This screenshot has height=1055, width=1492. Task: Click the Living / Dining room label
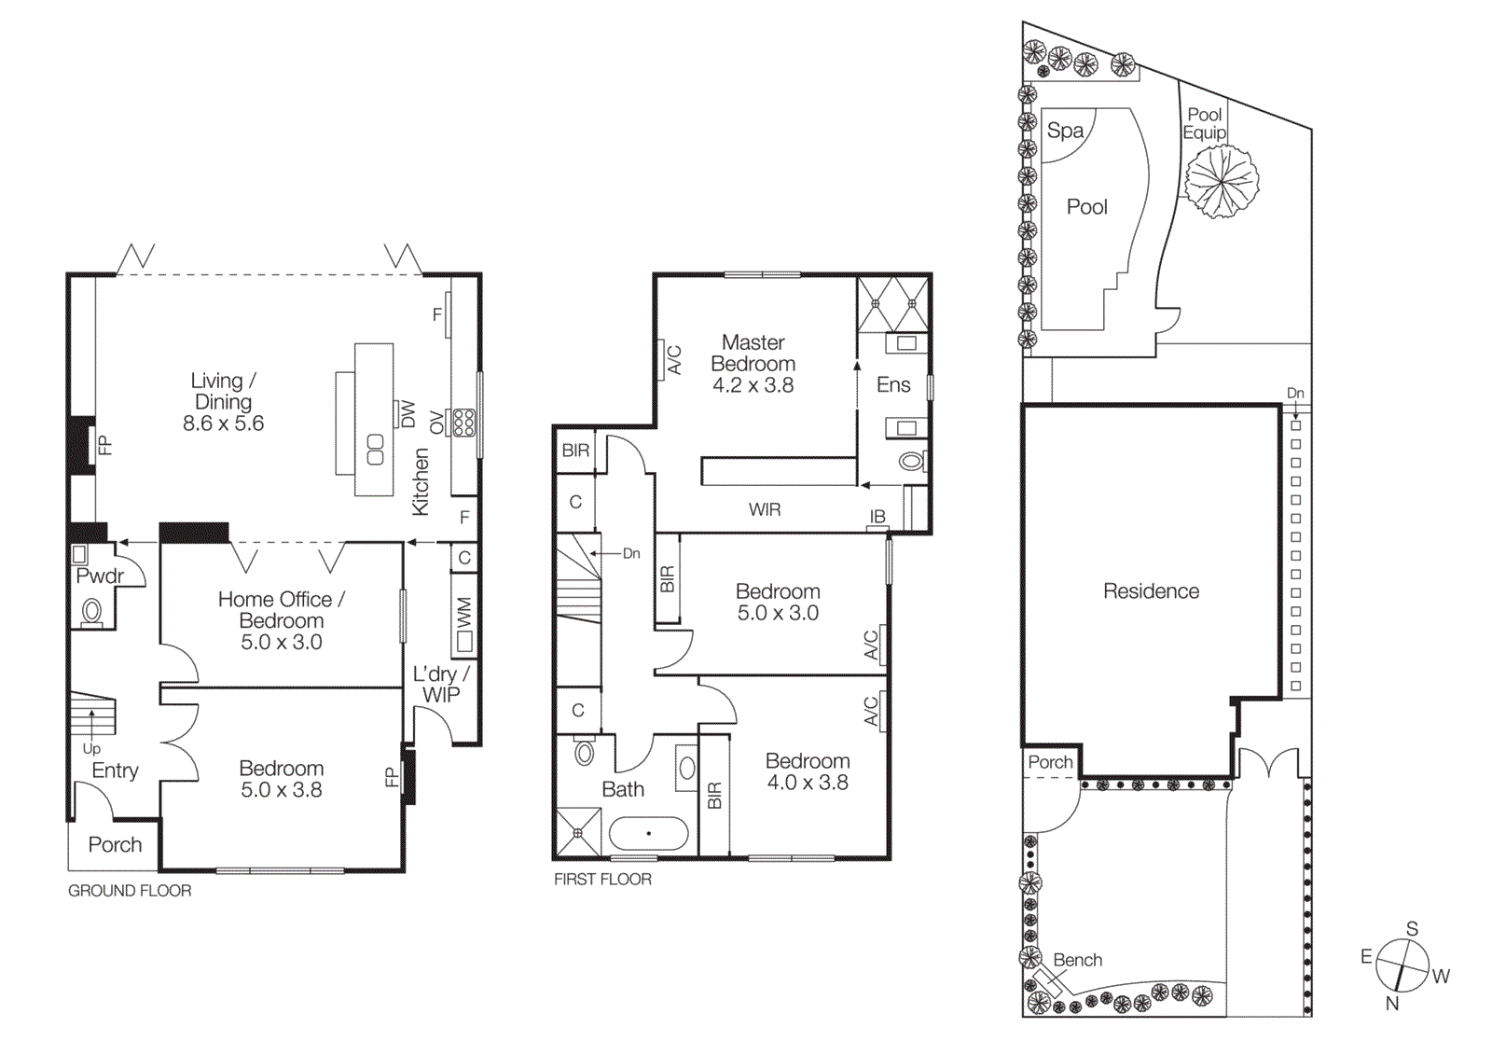pos(223,402)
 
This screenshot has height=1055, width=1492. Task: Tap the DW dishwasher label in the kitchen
pos(408,414)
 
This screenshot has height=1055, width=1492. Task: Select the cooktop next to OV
pos(463,423)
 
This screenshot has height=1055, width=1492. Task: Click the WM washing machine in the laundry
pos(464,626)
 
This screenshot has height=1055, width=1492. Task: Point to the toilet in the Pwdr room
pos(91,612)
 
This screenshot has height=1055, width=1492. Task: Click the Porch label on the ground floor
pos(115,844)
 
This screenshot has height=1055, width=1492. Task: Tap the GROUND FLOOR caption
pos(130,891)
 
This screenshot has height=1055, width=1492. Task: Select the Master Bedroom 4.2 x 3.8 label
pos(753,364)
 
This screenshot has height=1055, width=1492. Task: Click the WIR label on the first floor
pos(765,509)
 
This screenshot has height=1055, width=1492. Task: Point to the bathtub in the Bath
pos(649,833)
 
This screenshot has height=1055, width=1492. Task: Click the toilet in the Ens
pos(911,461)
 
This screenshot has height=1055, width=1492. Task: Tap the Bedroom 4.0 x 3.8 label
pos(808,771)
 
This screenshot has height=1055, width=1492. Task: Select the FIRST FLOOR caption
pos(602,879)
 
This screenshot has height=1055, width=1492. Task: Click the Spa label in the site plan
pos(1065,131)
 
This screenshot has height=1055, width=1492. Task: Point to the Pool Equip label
pos(1204,123)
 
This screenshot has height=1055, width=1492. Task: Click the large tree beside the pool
pos(1221,181)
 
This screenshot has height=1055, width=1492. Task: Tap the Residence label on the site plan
pos(1151,590)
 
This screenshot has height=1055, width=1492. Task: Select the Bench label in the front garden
pos(1077,960)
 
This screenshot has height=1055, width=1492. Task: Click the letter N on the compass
pos(1391,1003)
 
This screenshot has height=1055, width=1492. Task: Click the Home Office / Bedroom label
pos(281,620)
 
